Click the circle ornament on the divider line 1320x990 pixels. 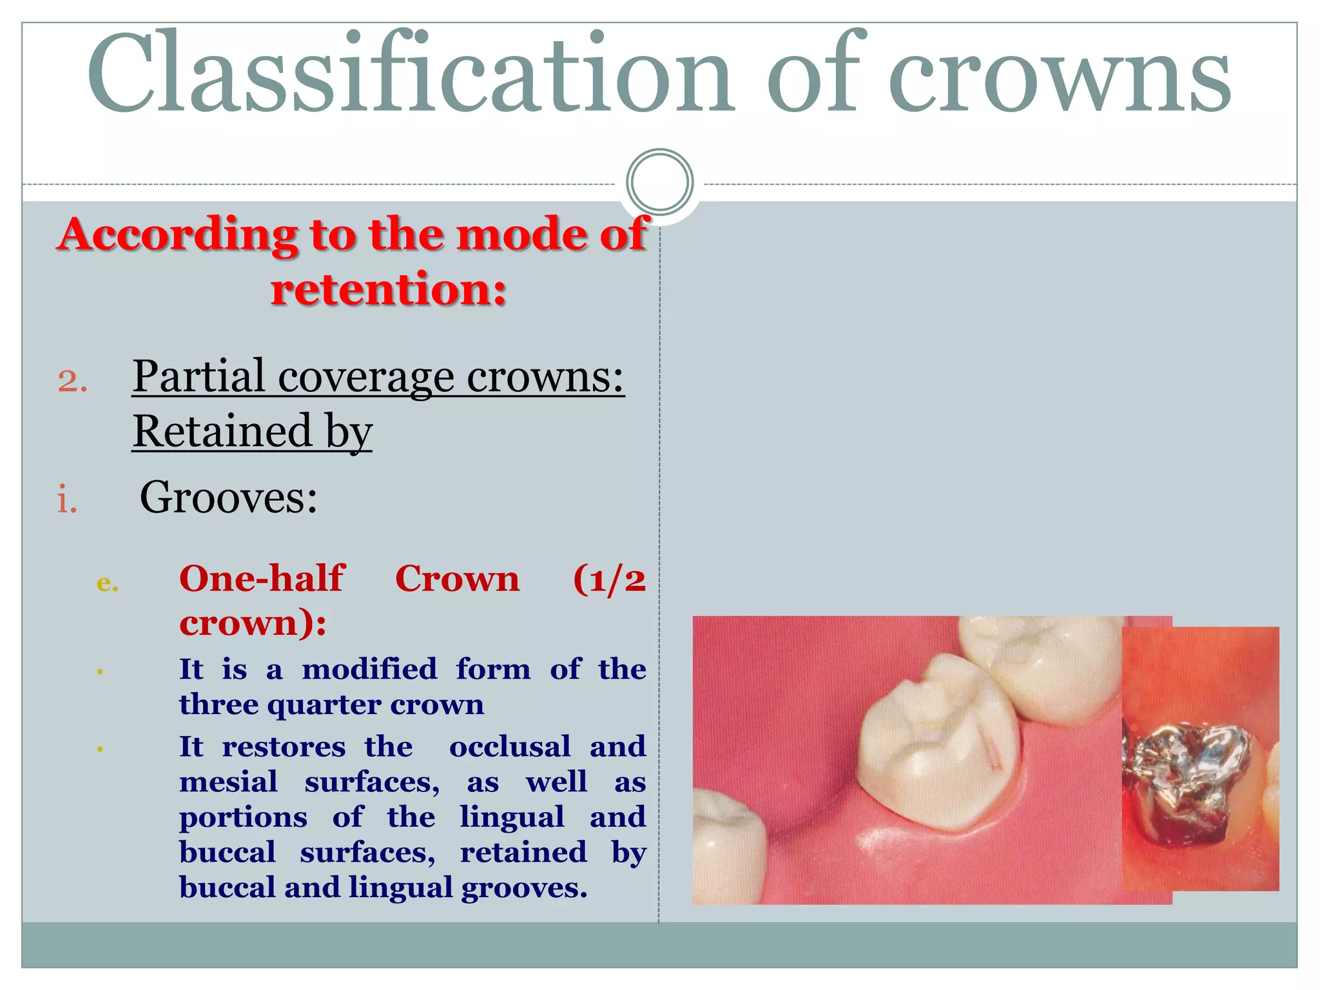(x=659, y=182)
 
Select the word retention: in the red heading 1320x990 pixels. (x=388, y=289)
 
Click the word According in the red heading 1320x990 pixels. (x=178, y=234)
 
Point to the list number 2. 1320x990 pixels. (x=72, y=380)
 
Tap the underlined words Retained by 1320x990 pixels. (x=252, y=431)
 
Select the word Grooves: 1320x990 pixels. (x=229, y=498)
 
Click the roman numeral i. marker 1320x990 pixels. (x=67, y=501)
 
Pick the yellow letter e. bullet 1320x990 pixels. (x=107, y=583)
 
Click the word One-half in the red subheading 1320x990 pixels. (x=262, y=578)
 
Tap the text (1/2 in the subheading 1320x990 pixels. (x=608, y=578)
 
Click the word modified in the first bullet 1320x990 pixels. (x=369, y=669)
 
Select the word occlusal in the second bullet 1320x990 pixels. (x=510, y=746)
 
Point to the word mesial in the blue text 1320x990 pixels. (x=228, y=782)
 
